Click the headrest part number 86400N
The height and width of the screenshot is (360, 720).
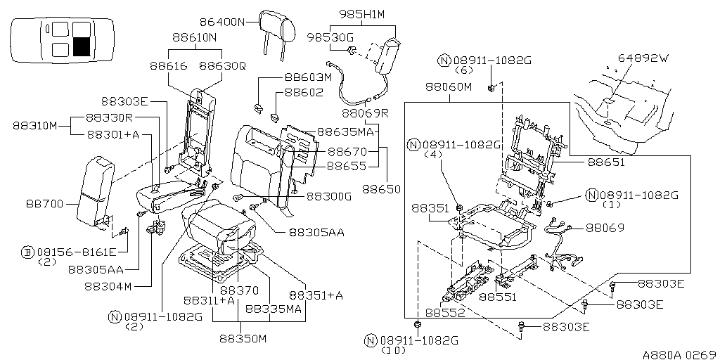click(x=223, y=22)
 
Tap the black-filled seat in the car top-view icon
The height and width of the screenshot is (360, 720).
click(x=82, y=47)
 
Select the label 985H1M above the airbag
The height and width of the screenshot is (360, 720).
click(x=362, y=14)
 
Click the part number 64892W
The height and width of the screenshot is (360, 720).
click(x=643, y=58)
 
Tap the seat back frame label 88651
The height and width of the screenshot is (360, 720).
click(x=607, y=162)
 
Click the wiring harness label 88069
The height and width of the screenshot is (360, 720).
click(x=605, y=228)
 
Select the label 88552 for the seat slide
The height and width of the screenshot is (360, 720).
click(x=445, y=312)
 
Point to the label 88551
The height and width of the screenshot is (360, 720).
click(x=498, y=297)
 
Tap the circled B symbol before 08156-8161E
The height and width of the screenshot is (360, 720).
click(x=28, y=252)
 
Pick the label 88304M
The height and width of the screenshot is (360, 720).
click(x=108, y=286)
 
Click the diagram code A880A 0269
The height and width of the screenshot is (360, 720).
click(x=681, y=354)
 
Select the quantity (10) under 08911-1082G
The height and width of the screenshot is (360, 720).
click(x=394, y=350)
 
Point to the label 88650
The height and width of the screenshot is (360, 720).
click(x=381, y=188)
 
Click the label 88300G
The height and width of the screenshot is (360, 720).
click(x=329, y=197)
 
